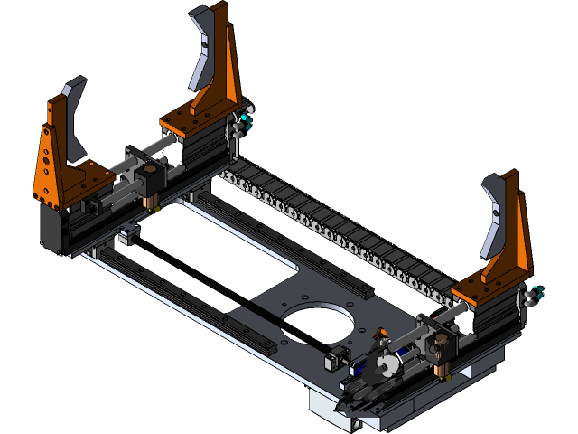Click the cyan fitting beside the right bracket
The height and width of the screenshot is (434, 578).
click(539, 291)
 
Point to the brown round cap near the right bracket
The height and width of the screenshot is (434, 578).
click(442, 368)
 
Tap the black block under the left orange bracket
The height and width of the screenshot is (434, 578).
click(52, 231)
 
